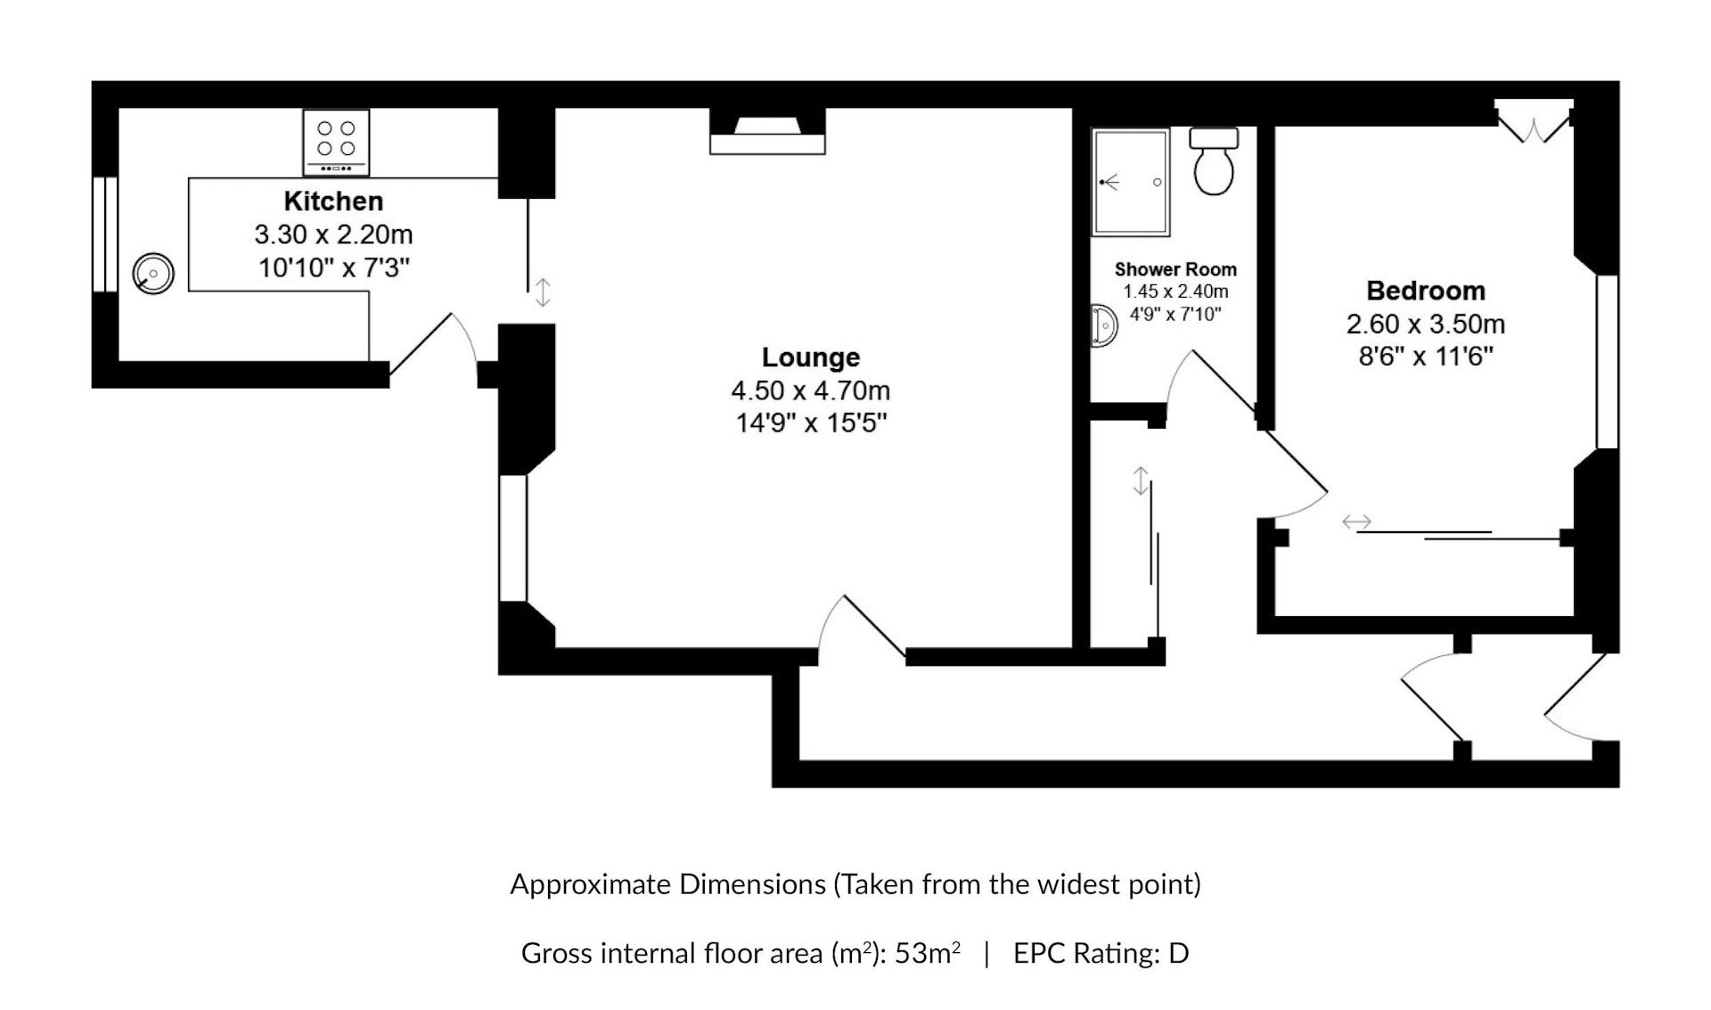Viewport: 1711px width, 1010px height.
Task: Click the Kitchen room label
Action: (x=333, y=201)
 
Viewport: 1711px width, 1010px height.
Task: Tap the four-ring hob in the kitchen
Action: (x=336, y=143)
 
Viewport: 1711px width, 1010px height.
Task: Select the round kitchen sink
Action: (x=153, y=273)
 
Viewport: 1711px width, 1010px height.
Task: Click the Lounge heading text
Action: (x=811, y=357)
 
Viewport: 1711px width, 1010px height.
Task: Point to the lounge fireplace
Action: (x=767, y=131)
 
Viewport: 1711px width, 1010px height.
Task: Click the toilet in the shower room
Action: (x=1214, y=160)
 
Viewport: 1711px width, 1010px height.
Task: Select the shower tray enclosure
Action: (x=1131, y=182)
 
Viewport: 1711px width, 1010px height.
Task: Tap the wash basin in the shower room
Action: (x=1104, y=325)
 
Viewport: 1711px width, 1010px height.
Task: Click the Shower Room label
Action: (x=1175, y=269)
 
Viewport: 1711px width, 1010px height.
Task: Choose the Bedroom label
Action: (x=1426, y=291)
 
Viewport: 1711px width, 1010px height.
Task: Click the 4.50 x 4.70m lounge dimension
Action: (x=811, y=390)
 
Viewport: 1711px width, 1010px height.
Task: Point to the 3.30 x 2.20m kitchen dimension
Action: (x=333, y=234)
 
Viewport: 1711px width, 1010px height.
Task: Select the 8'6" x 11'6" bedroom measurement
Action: (x=1426, y=357)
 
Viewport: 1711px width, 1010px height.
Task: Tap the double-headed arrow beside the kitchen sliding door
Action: (x=543, y=292)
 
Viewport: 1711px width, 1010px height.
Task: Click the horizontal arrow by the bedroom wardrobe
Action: (x=1357, y=522)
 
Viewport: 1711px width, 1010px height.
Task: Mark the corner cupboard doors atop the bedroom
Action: (x=1534, y=122)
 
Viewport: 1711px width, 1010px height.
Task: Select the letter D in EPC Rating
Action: (x=1178, y=954)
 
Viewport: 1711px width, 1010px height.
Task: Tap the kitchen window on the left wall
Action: (x=105, y=234)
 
